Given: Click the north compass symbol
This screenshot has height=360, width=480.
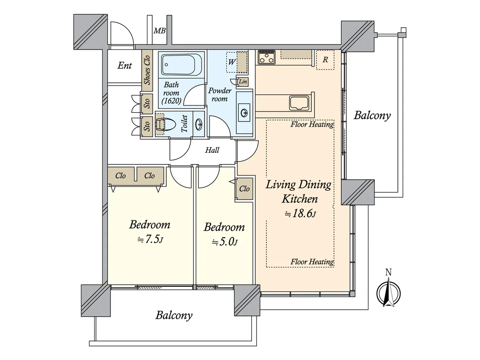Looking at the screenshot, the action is (388, 292).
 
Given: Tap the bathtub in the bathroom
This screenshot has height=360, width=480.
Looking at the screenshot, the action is (178, 65).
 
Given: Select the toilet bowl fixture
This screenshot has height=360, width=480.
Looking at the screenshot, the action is (166, 125).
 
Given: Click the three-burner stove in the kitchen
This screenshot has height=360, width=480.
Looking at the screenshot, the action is (266, 57).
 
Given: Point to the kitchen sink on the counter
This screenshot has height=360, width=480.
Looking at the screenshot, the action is (299, 103).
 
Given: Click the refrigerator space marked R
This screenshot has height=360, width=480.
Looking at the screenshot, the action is (325, 60).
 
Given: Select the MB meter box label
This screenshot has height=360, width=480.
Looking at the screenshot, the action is (160, 31).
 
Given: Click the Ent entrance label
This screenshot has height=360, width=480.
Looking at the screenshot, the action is (124, 65).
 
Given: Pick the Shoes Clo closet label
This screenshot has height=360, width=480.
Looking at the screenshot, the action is (147, 70).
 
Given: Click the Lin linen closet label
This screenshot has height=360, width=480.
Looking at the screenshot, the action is (243, 82).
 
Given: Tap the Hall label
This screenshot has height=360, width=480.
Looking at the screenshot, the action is (212, 150).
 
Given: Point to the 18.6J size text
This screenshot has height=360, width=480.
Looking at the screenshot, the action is (300, 213).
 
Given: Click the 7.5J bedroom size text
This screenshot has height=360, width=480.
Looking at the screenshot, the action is (150, 239).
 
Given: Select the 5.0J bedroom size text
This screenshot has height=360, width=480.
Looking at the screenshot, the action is (224, 242).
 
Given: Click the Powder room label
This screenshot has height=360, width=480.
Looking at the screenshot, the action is (220, 95).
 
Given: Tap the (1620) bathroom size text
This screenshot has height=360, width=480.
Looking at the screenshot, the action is (172, 101).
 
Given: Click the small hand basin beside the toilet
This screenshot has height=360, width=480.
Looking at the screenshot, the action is (199, 124).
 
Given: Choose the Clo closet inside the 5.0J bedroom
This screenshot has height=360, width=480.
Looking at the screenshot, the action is (244, 189).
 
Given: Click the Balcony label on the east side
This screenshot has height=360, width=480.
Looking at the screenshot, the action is (372, 115).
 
